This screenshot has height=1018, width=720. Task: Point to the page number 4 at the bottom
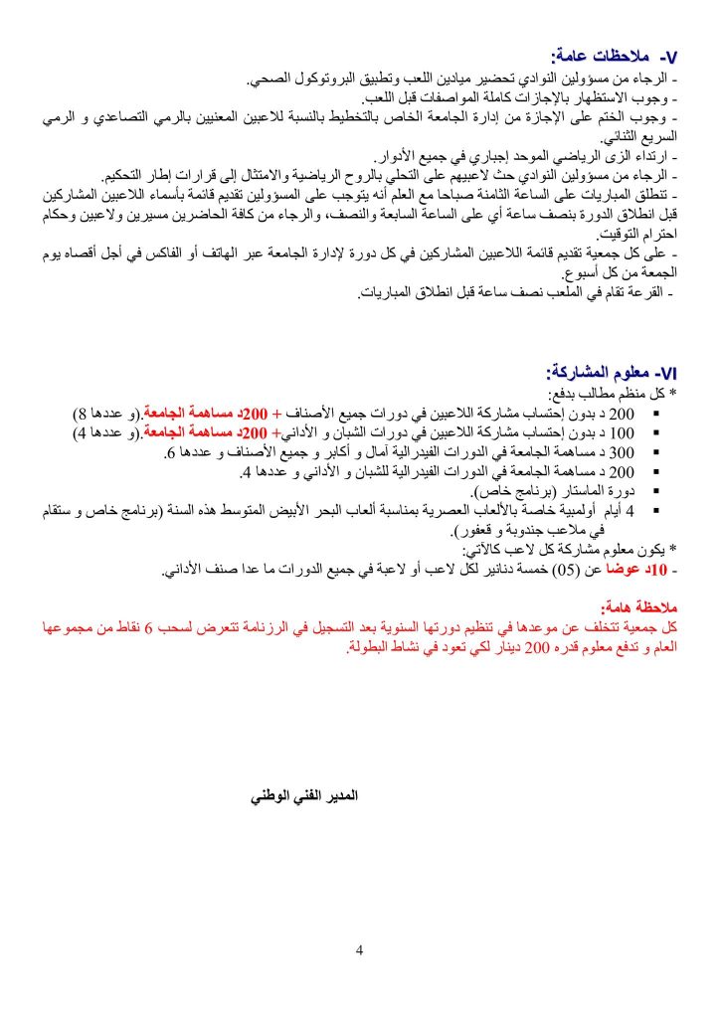pos(359,950)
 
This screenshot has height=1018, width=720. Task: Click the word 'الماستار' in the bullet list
pos(561,492)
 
